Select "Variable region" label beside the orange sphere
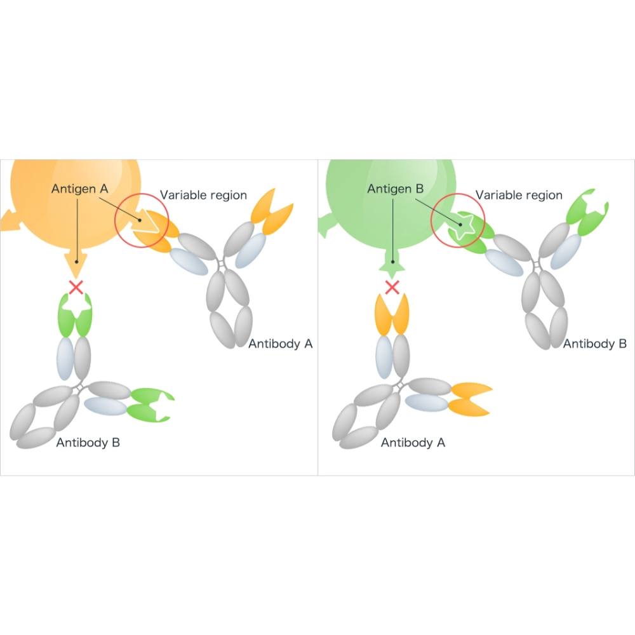[203, 195]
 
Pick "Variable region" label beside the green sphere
[519, 195]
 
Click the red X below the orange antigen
[76, 288]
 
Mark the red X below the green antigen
[392, 288]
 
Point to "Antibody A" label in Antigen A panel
[280, 344]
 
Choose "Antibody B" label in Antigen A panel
[88, 443]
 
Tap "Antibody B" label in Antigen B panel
[595, 344]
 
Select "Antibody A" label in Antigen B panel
[413, 443]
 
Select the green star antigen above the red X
[392, 264]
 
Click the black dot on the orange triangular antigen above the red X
[76, 261]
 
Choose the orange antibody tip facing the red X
[391, 316]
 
